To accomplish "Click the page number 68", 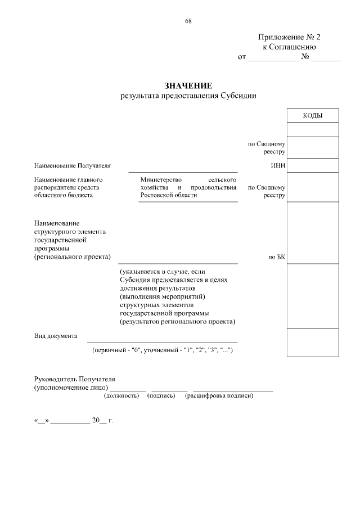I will [x=188, y=22].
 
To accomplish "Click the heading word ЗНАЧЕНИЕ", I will [x=188, y=86].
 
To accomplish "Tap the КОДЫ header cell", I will [x=312, y=115].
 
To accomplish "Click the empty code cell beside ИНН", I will [x=312, y=165].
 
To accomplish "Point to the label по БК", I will [x=277, y=257].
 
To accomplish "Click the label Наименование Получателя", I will [x=73, y=166].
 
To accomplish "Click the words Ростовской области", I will [x=169, y=195].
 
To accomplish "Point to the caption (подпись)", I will [x=161, y=396].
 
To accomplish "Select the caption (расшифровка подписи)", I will [x=219, y=396].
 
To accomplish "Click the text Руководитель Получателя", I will [x=74, y=380].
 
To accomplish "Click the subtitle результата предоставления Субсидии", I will [x=188, y=96].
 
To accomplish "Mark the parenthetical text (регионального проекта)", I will [x=72, y=257].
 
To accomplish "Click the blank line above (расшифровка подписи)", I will [x=233, y=389].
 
